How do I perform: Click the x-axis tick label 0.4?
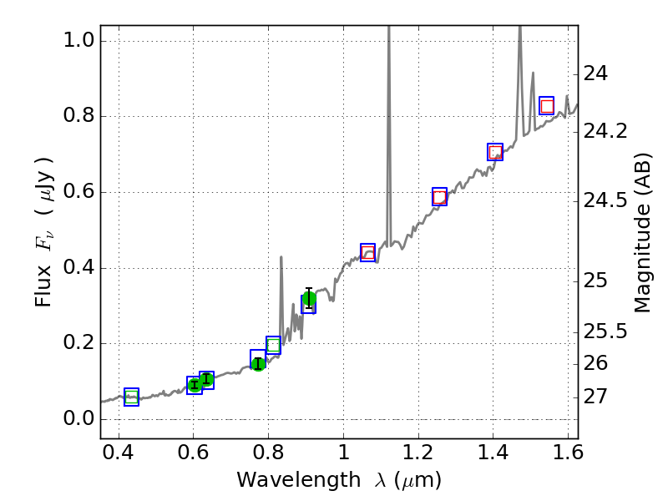(x=118, y=457)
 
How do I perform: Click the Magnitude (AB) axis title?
(x=643, y=232)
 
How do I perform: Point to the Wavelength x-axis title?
(x=338, y=480)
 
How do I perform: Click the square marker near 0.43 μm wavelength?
(x=131, y=397)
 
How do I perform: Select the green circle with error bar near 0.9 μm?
(x=309, y=299)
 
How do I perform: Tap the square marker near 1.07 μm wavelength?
(x=367, y=252)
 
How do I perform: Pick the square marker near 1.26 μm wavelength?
(x=439, y=197)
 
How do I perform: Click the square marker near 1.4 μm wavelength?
(x=495, y=152)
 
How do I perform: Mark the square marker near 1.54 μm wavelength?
(x=546, y=105)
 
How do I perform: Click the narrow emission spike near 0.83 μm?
(x=281, y=259)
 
